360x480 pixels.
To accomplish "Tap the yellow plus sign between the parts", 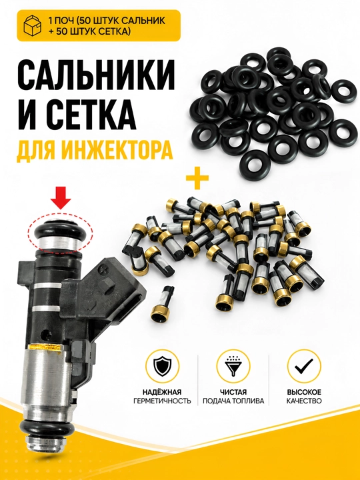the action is click(197, 177).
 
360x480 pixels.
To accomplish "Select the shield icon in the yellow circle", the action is click(162, 366).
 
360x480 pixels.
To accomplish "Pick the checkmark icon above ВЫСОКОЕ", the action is click(304, 365).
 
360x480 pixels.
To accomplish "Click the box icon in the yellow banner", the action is click(33, 25).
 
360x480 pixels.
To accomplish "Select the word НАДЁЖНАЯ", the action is click(162, 392).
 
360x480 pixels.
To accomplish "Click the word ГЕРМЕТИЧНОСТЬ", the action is click(162, 401).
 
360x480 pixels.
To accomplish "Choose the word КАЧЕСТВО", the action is click(304, 401).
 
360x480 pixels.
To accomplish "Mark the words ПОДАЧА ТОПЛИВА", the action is click(233, 401).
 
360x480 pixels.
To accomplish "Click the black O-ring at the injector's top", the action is click(61, 231).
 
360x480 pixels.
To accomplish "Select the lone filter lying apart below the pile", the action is click(162, 304).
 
